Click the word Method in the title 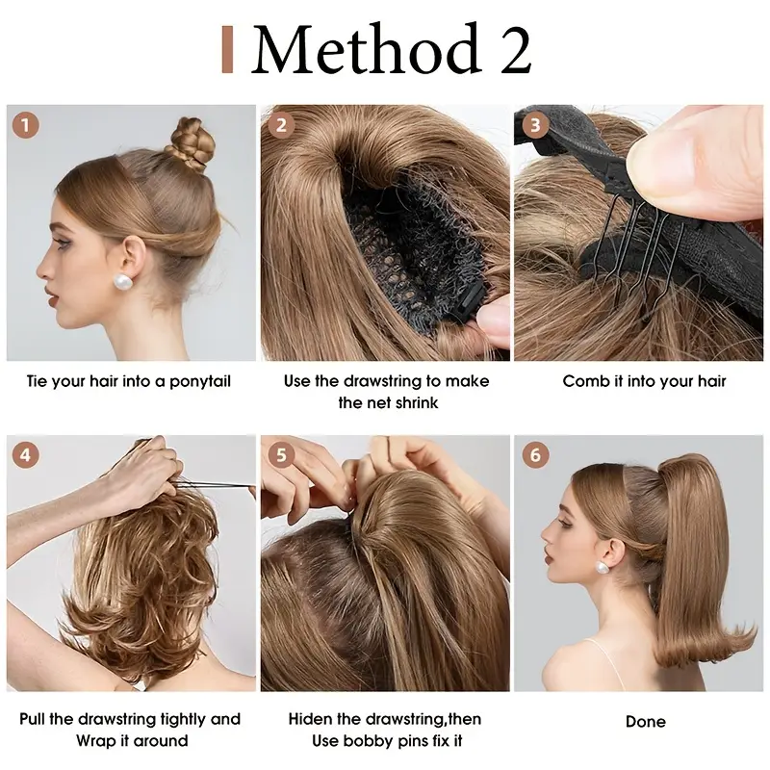point(366,50)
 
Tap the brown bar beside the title point(227,50)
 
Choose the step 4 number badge point(26,454)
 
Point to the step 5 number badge point(281,454)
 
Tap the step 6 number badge point(534,454)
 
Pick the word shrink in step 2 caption point(415,403)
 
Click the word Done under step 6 point(645,721)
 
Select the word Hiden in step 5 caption point(314,719)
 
